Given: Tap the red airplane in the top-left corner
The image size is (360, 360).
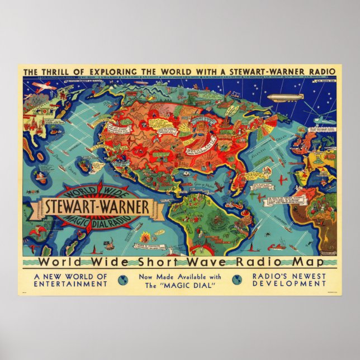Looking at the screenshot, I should click(x=40, y=87).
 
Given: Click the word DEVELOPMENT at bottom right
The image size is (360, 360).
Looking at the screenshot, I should click(x=289, y=284).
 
